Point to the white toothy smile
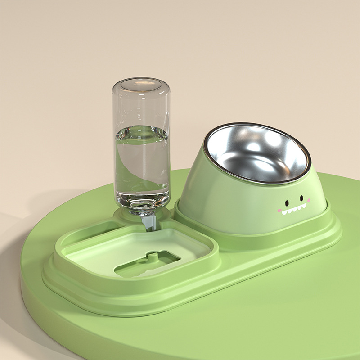point(294,208)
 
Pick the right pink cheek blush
point(309,200)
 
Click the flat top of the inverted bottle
point(141,83)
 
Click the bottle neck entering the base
point(142,211)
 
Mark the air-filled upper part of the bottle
point(141,106)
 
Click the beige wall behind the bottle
point(67,67)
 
